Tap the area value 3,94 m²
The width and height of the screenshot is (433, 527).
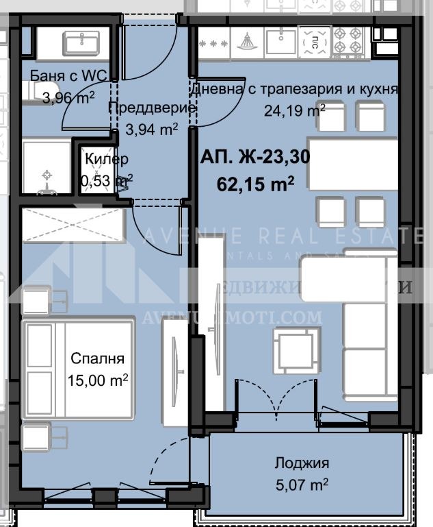point(152,128)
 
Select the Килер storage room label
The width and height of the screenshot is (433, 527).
point(106,159)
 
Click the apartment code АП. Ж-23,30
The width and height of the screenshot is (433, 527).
point(254,158)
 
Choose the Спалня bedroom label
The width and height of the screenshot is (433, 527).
point(98,358)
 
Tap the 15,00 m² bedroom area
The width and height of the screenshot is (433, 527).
point(98,380)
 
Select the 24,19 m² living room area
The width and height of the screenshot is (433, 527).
point(295,110)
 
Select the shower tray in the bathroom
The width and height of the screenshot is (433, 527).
point(46,167)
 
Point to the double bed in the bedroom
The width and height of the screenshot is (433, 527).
point(79,367)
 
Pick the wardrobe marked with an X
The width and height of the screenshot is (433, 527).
point(73,224)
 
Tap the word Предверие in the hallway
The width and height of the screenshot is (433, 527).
point(153,108)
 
